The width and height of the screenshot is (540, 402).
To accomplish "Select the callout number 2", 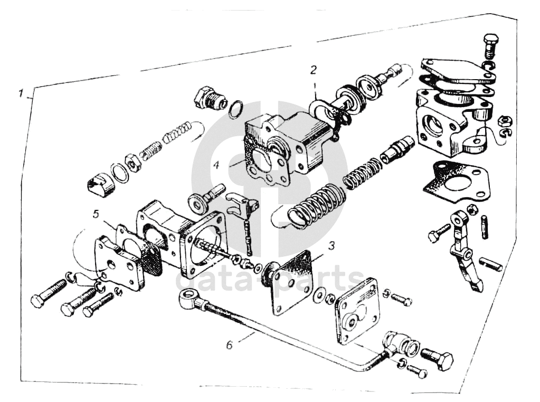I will point(313,69).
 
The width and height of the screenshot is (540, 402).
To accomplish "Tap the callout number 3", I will point(331,246).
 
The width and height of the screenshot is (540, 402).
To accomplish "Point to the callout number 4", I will point(217,164).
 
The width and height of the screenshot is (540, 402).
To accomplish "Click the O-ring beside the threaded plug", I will point(236,109).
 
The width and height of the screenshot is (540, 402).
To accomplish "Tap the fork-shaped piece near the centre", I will point(241,203).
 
